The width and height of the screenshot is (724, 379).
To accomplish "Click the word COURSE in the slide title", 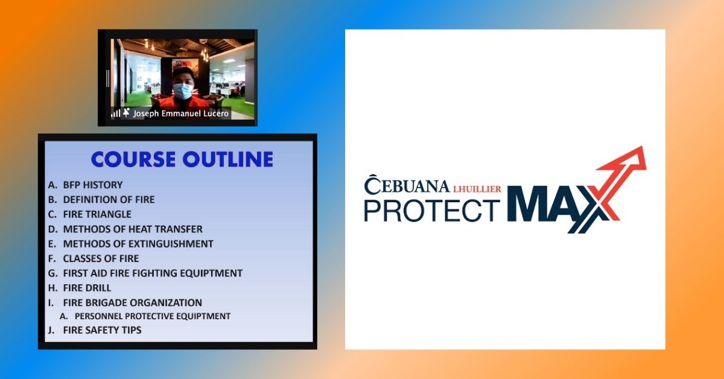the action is point(133,159).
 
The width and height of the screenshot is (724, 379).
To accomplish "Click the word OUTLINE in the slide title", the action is point(228,159).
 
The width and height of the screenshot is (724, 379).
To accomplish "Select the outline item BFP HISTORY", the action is point(93,185).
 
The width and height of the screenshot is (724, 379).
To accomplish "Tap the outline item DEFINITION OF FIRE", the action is point(109,200).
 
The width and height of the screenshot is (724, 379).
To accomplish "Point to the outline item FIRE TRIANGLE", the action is point(97,214).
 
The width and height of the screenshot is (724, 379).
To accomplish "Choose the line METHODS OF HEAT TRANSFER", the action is point(133,229).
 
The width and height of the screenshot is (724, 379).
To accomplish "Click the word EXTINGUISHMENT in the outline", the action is point(171,243).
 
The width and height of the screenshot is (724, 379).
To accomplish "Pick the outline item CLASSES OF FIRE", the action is point(101,258).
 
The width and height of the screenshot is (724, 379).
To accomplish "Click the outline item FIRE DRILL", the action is point(87,288).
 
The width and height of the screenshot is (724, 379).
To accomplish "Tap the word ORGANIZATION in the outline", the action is point(165,303).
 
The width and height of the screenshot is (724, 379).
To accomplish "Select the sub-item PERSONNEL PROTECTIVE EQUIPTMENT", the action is point(153,316).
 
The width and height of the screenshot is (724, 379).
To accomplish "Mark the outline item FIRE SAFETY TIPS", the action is point(102,330).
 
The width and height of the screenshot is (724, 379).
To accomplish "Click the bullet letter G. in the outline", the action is point(52,273).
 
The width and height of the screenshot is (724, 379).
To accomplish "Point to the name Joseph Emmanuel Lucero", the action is point(180,113).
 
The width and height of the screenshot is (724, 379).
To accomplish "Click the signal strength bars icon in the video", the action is point(115,113).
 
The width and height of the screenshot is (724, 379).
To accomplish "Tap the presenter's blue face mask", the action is point(183,91).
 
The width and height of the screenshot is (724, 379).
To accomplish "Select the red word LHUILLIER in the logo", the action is point(477,189).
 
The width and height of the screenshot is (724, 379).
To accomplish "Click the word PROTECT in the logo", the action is point(432,211).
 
